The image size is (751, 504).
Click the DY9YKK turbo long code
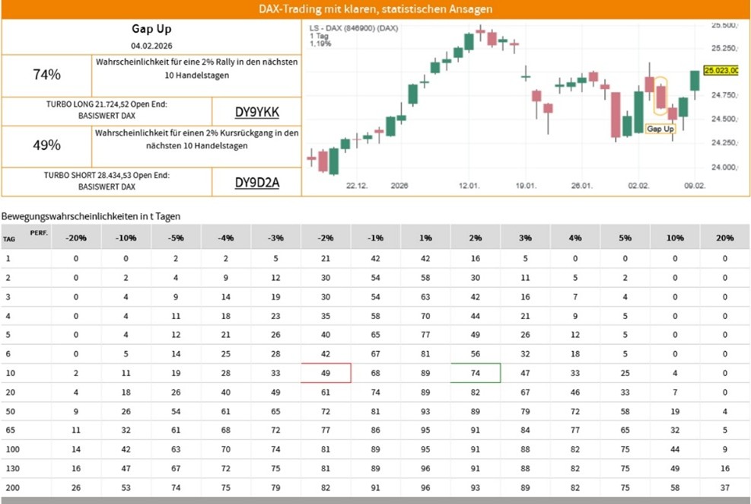[256, 113]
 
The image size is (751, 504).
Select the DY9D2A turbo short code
[256, 183]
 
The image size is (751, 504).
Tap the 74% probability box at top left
[46, 75]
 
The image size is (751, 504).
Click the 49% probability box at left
[46, 145]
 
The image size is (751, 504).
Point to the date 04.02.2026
[151, 46]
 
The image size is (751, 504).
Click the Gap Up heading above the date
[151, 30]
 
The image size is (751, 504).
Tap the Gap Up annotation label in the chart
[660, 129]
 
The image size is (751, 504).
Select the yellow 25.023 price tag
[721, 70]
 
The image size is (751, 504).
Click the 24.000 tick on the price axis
[724, 167]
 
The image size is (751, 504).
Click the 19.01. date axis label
[527, 185]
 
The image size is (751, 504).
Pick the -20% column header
[76, 238]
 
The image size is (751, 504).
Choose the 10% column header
[674, 238]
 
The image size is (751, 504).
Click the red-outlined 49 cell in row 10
[326, 373]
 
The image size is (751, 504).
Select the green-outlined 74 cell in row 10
[476, 373]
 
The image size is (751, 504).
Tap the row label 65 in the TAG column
[11, 430]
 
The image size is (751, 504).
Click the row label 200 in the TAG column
[13, 487]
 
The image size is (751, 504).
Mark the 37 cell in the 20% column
[724, 487]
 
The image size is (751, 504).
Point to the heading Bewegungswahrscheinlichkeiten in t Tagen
[91, 216]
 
